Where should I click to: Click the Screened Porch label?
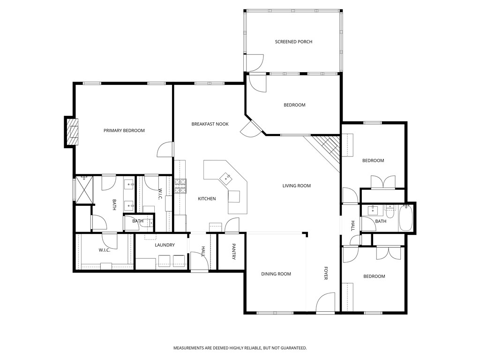pos(293,42)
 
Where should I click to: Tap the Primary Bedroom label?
pos(124,130)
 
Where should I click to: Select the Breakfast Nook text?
pos(210,124)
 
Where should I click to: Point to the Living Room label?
pos(296,186)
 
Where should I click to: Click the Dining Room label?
pos(276,274)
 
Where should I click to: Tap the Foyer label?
pos(326,274)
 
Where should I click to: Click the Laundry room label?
pos(165,245)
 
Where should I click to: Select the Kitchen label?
pos(207,199)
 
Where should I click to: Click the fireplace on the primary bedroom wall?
pos(72,132)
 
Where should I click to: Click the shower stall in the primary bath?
pos(84,189)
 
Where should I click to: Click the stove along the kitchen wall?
pos(180,186)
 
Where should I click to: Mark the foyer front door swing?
pos(325,303)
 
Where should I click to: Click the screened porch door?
pos(255,63)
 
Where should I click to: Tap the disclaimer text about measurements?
pos(240,348)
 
